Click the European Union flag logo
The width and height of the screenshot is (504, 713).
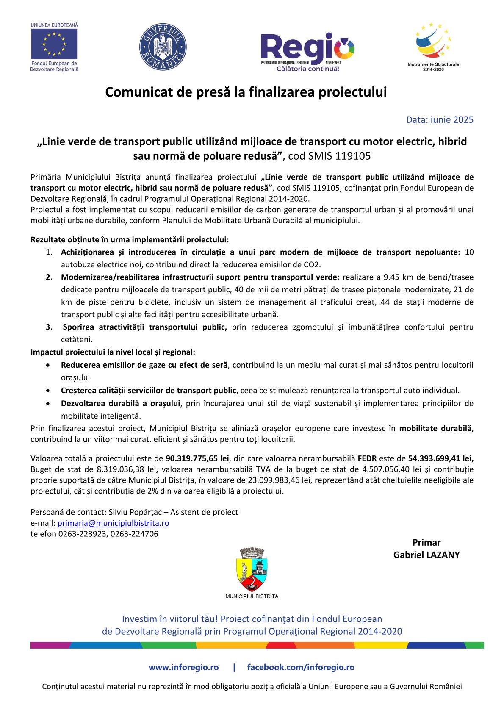click(54, 44)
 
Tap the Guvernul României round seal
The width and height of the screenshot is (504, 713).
click(163, 47)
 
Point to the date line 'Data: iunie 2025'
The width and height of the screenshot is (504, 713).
click(440, 120)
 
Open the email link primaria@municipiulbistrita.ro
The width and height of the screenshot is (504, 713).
click(114, 523)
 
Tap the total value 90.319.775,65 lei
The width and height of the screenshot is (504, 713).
click(197, 458)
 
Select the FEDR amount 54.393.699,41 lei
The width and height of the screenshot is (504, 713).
click(440, 458)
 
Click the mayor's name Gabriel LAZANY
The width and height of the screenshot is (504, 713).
click(426, 555)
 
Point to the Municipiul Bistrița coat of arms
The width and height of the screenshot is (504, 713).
click(252, 569)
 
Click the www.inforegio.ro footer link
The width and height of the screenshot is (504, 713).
click(183, 667)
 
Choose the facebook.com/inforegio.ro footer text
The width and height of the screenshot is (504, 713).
click(301, 667)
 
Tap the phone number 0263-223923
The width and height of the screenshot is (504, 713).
click(83, 534)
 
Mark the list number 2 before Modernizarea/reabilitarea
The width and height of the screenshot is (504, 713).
click(49, 277)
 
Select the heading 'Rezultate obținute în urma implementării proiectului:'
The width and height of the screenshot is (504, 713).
click(130, 240)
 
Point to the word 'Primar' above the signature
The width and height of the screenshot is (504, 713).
click(426, 543)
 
